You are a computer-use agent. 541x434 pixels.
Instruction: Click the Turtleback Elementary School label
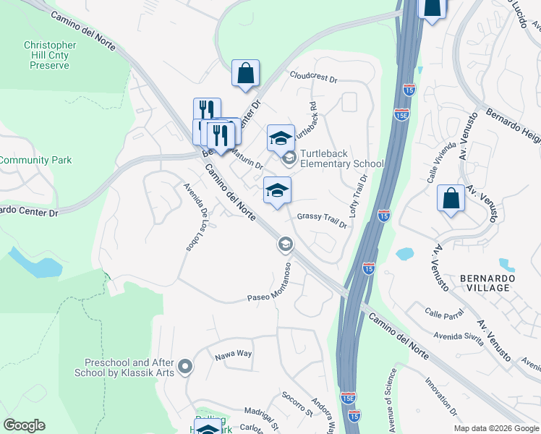click(x=341, y=158)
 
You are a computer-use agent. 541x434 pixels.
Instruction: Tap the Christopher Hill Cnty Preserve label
click(x=50, y=55)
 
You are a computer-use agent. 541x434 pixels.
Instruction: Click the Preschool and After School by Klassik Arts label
click(x=130, y=367)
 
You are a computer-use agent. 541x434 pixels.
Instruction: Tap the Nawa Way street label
click(x=232, y=354)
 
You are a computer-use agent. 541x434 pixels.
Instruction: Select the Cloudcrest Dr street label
click(x=314, y=75)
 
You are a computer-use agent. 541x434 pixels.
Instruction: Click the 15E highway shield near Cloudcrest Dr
click(x=402, y=114)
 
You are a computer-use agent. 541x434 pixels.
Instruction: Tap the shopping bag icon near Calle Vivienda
click(x=451, y=198)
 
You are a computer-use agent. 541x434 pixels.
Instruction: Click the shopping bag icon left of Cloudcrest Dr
click(x=245, y=72)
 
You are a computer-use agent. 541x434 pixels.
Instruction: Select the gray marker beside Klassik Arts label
click(x=185, y=367)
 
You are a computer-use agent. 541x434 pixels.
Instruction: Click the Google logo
click(x=24, y=425)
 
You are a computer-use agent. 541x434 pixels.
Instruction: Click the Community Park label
click(x=36, y=160)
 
